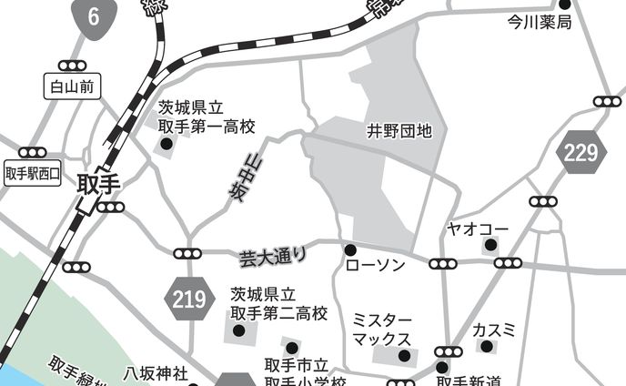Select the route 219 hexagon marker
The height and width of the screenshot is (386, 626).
coord(188,298)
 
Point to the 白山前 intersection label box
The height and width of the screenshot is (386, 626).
coord(71,86)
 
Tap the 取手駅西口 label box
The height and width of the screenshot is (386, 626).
coord(33,172)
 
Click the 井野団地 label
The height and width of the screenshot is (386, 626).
coord(399,131)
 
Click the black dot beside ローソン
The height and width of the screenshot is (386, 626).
coord(349,249)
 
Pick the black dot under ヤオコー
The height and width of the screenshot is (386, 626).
coord(490,245)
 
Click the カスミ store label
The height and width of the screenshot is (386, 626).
coord(494,329)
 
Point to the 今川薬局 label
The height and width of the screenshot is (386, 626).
coord(539,22)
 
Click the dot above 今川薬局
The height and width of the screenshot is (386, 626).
coord(564,5)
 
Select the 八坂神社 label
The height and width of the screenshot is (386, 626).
coord(156,373)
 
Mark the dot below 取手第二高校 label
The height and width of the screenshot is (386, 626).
coord(239,331)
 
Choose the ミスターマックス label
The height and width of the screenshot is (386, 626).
coord(382,330)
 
